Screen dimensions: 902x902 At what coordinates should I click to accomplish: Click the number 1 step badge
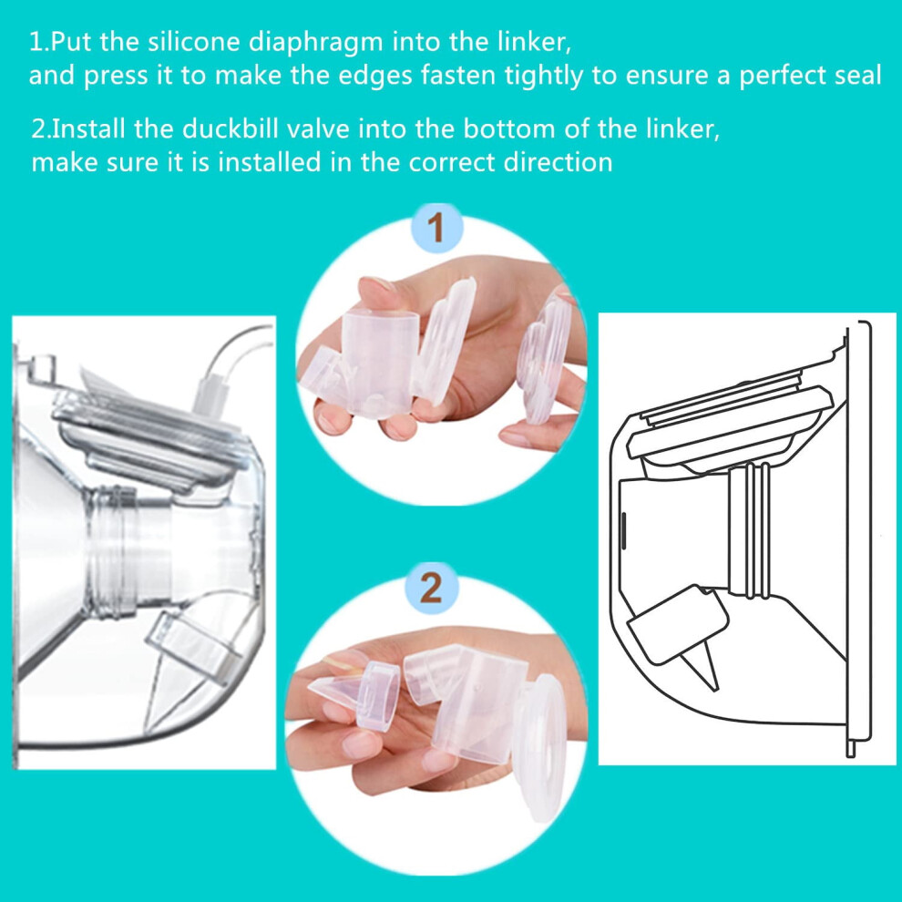tap(436, 228)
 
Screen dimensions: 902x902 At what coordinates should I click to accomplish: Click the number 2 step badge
tap(432, 588)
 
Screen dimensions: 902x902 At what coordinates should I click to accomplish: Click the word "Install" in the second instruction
tap(88, 128)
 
